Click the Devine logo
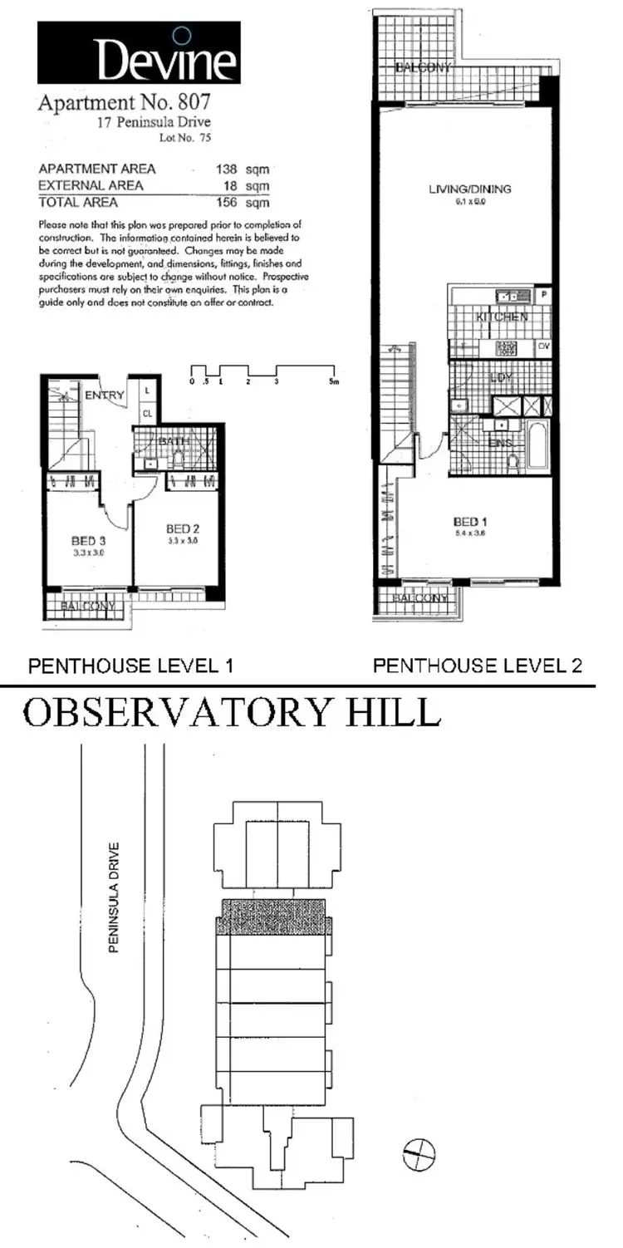[x=139, y=53]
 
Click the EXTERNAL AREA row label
[x=91, y=185]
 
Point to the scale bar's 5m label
[x=333, y=381]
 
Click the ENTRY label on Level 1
[x=105, y=395]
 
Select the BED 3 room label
[x=86, y=539]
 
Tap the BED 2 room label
[x=181, y=528]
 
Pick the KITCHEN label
[x=501, y=317]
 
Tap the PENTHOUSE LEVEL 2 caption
[x=477, y=666]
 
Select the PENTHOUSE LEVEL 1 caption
[x=131, y=666]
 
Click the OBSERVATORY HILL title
[x=230, y=712]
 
